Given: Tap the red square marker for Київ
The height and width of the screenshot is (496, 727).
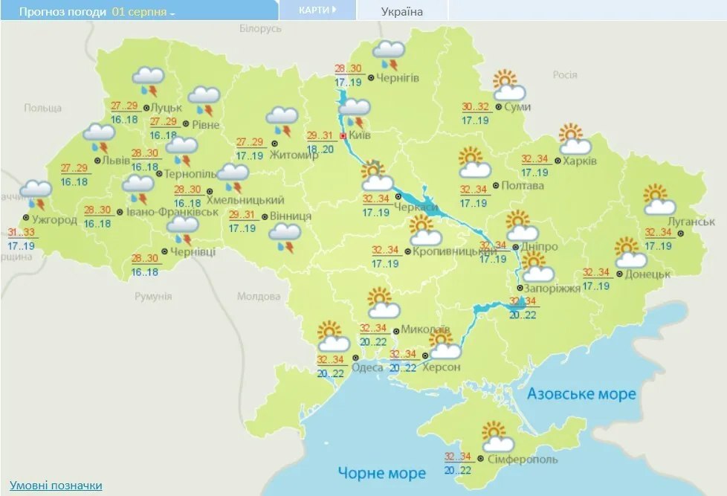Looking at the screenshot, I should click(343, 137).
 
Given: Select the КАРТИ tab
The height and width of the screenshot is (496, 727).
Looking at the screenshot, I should click(317, 10).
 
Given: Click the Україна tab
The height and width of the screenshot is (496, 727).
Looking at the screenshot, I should click(401, 11).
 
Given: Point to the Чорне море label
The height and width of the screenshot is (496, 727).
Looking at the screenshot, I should click(382, 473).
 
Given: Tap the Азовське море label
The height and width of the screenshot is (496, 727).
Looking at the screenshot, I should click(581, 393).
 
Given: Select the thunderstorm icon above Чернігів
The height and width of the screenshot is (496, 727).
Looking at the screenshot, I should click(388, 54).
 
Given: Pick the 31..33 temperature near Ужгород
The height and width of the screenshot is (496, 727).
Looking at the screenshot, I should click(20, 232).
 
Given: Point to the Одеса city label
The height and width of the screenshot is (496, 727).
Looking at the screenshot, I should click(368, 367).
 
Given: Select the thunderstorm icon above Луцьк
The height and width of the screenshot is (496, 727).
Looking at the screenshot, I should click(149, 80).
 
